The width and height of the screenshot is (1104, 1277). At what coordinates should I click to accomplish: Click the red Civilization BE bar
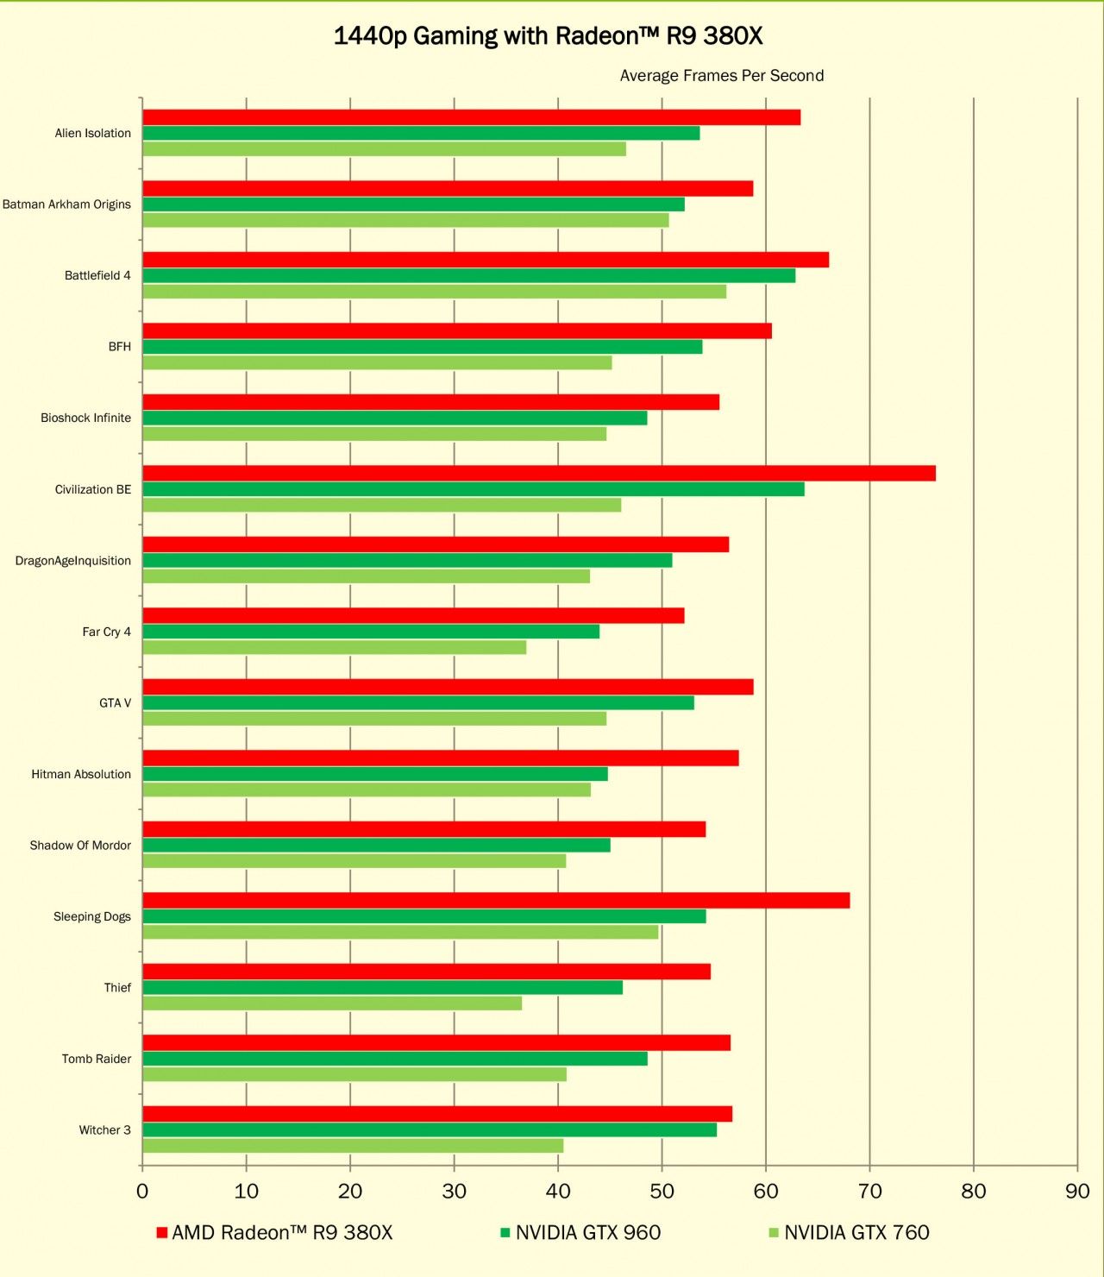(538, 473)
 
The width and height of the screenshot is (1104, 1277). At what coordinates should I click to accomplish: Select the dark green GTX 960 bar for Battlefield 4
(468, 276)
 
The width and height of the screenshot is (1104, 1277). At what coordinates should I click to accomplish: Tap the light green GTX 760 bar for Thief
(332, 1003)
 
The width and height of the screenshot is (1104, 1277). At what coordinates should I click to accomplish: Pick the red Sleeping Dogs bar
(496, 901)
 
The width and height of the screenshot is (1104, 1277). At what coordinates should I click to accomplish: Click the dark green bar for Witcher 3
(430, 1130)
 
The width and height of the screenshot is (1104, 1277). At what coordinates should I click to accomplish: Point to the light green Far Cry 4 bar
(334, 647)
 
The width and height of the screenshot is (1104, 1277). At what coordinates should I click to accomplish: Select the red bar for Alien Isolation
(471, 117)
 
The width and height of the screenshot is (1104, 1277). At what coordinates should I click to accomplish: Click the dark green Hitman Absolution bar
(375, 774)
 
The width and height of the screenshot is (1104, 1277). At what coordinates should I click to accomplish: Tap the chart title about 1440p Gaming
(549, 36)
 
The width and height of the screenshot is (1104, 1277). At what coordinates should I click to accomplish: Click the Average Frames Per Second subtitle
(722, 76)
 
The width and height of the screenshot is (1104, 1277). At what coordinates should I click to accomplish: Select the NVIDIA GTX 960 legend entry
(580, 1233)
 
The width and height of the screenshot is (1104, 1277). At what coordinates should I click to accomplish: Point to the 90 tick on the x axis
(1077, 1192)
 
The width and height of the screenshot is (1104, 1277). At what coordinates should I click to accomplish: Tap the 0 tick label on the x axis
(142, 1192)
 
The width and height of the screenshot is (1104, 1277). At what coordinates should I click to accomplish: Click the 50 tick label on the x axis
(662, 1192)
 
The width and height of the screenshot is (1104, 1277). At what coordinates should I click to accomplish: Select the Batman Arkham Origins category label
(66, 204)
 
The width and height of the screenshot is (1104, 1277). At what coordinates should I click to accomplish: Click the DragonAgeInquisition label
(73, 561)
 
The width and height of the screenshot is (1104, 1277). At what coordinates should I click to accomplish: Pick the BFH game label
(120, 347)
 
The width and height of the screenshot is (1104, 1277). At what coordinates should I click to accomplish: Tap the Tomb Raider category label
(97, 1059)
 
